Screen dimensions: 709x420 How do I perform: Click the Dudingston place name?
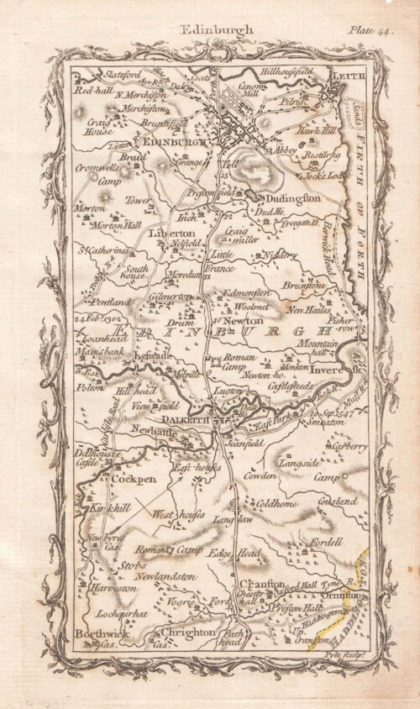(x=290, y=197)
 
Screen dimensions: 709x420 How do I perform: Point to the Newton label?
(x=243, y=320)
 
